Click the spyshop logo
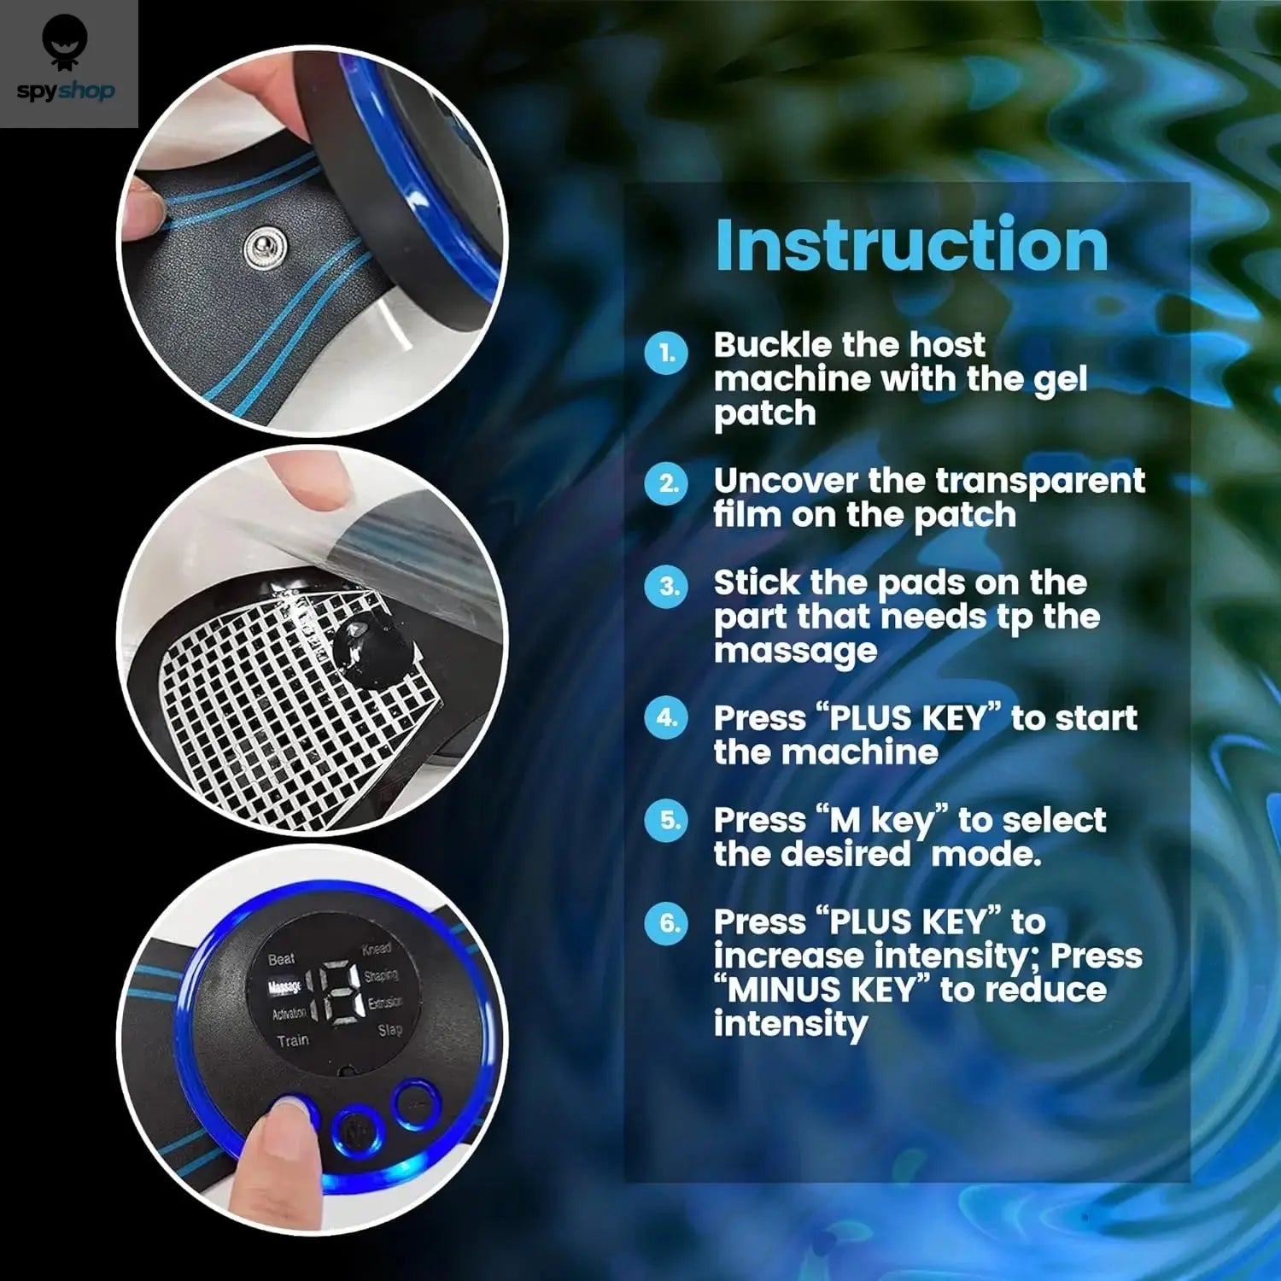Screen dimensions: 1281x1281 point(66,64)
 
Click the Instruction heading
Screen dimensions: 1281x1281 point(911,245)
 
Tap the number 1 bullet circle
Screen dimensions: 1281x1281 point(666,353)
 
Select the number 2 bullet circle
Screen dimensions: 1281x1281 point(666,484)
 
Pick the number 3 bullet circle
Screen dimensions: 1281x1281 point(666,587)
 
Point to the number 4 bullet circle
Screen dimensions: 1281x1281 point(666,718)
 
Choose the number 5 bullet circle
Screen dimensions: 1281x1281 point(666,821)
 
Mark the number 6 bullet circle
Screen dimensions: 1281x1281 point(666,923)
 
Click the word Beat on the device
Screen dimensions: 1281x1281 point(281,959)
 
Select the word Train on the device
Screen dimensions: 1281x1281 point(292,1040)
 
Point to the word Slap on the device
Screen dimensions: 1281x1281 point(389,1030)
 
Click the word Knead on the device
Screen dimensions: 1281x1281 point(377,949)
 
